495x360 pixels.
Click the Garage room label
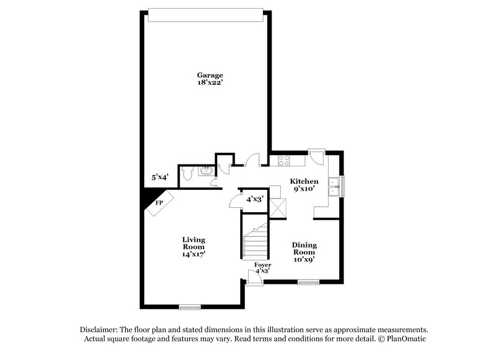pyautogui.click(x=207, y=75)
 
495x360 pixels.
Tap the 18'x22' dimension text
pyautogui.click(x=207, y=83)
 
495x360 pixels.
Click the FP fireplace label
pyautogui.click(x=159, y=203)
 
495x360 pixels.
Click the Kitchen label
pyautogui.click(x=304, y=181)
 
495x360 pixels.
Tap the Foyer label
pyautogui.click(x=263, y=265)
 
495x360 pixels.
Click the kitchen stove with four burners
pyautogui.click(x=285, y=160)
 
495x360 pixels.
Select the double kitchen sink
pyautogui.click(x=335, y=186)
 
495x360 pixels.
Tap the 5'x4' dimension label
pyautogui.click(x=161, y=178)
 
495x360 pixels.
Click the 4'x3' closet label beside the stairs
pyautogui.click(x=255, y=199)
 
